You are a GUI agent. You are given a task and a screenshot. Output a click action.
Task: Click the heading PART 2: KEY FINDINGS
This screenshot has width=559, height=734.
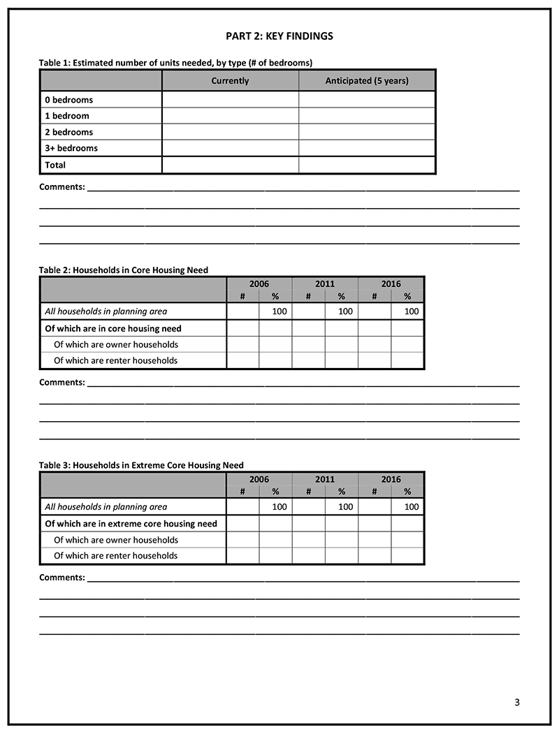(x=279, y=36)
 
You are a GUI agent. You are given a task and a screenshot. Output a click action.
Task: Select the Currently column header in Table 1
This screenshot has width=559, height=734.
(x=230, y=81)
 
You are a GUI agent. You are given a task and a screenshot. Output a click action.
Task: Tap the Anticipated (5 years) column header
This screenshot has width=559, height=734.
(x=367, y=81)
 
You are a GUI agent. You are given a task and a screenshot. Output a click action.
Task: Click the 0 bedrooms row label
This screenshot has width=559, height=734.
(x=68, y=100)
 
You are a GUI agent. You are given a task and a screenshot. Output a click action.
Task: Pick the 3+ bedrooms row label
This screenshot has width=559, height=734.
(x=71, y=148)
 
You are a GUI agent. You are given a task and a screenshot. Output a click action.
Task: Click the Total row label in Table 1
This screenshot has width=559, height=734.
(x=55, y=165)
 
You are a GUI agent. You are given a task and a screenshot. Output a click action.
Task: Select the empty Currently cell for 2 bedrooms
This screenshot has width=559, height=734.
(x=230, y=132)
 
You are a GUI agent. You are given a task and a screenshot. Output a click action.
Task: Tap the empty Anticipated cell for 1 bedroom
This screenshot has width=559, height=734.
(x=367, y=116)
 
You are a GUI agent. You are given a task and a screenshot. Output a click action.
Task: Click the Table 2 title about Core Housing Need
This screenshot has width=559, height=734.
(x=124, y=270)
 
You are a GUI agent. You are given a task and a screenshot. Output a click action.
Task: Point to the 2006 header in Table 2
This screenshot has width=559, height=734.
(x=259, y=284)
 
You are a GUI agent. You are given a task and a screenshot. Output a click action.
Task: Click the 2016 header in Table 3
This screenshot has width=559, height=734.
(x=391, y=479)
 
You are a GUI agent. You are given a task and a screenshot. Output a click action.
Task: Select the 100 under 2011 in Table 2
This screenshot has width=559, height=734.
(x=345, y=311)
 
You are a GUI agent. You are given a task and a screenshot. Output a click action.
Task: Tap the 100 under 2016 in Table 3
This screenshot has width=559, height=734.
(x=412, y=507)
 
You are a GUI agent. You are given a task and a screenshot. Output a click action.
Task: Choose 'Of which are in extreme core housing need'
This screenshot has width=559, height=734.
(x=131, y=524)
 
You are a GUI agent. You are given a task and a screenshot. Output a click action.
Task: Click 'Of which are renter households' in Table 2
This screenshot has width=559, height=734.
(x=115, y=360)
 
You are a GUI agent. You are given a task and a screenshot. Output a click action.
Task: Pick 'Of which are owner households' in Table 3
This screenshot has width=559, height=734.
(x=115, y=540)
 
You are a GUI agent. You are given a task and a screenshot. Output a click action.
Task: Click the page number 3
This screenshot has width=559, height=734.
(x=516, y=703)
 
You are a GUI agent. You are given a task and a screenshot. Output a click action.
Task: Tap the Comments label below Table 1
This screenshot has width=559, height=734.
(x=62, y=187)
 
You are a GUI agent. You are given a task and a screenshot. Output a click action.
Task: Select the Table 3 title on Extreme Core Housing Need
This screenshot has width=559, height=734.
(x=141, y=465)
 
